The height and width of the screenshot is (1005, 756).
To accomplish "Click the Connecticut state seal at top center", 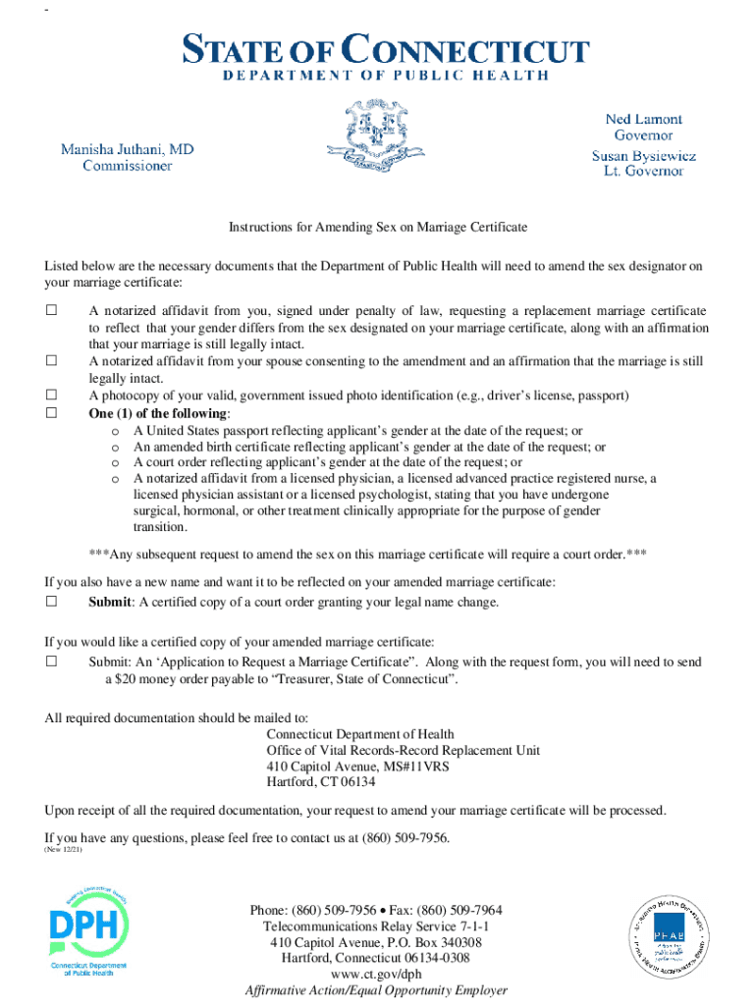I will click(377, 136).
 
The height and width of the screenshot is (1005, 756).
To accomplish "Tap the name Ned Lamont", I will click(643, 119).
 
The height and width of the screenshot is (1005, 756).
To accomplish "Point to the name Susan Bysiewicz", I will click(643, 155).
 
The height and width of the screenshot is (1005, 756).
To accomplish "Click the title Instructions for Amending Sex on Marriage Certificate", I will click(378, 227).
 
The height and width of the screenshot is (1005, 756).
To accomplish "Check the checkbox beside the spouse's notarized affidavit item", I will click(52, 361).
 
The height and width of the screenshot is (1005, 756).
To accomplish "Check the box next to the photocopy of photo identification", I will click(52, 396).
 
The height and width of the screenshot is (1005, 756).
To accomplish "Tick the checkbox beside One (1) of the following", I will click(52, 413).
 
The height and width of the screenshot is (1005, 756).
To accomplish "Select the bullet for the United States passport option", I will click(116, 431).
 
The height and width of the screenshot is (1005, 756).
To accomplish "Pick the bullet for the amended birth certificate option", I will click(116, 447).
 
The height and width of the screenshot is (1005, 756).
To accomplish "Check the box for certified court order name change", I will click(52, 602).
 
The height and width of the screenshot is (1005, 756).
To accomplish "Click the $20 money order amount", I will click(123, 679).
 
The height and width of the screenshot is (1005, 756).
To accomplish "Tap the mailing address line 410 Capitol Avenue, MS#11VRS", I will click(357, 767).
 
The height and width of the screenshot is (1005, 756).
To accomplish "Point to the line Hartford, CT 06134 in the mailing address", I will click(321, 782).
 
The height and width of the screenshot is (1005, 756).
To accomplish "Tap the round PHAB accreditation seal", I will click(669, 941).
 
